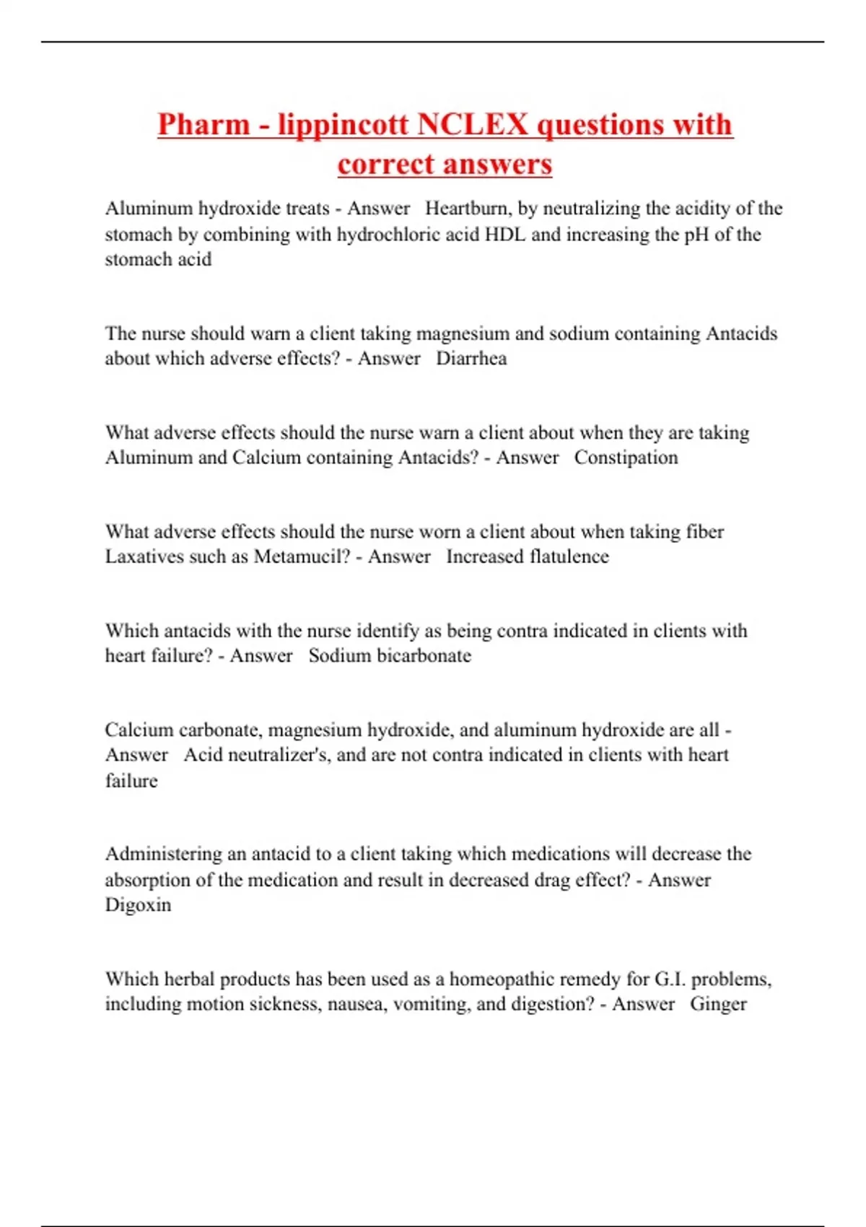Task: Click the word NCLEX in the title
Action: pos(473,124)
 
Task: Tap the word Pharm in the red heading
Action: pos(204,124)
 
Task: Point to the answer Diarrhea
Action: pos(471,359)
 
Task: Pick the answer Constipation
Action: pos(626,458)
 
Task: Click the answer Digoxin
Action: pos(138,905)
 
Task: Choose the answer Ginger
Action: pos(718,1004)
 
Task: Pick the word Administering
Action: pos(163,854)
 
